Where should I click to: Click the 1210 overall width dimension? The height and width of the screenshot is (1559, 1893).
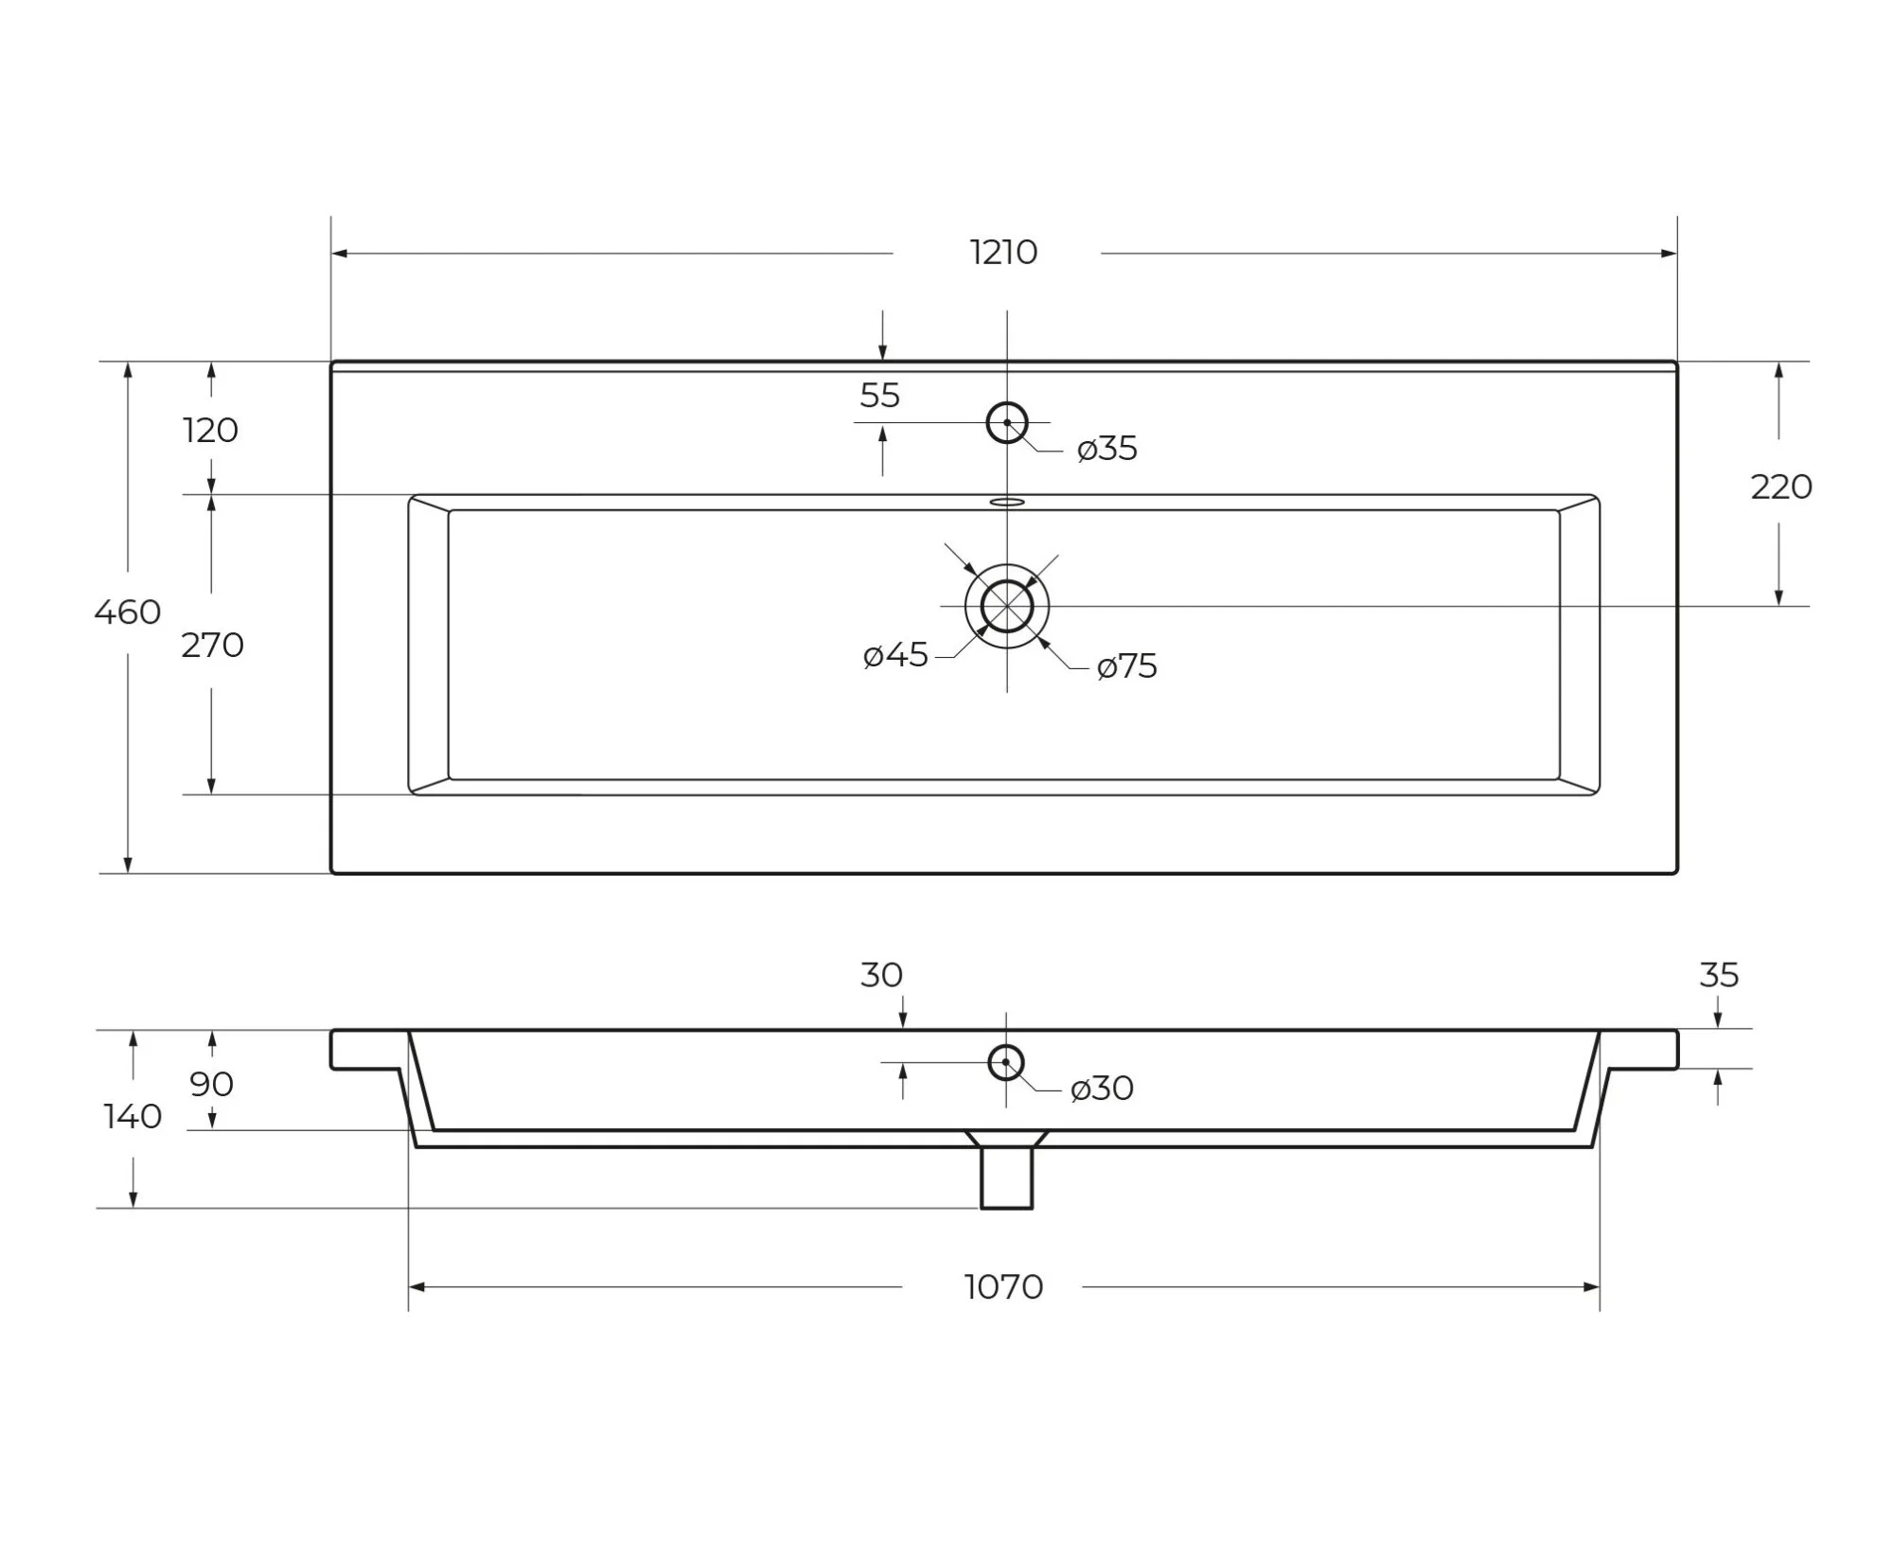1003,253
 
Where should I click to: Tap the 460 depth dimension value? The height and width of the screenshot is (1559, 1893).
128,612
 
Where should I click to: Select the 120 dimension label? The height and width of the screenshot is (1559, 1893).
210,431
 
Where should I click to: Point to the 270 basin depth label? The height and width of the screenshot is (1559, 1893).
213,646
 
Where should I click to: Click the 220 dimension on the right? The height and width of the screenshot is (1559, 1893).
1781,487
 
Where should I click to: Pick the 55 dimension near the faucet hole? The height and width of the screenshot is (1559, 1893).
879,396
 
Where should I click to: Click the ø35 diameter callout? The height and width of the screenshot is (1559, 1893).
1107,449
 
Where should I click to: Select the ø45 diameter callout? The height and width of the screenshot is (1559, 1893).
895,655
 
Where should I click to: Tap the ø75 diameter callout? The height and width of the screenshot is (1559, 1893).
1127,666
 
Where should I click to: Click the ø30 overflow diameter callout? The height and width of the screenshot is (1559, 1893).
1102,1090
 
